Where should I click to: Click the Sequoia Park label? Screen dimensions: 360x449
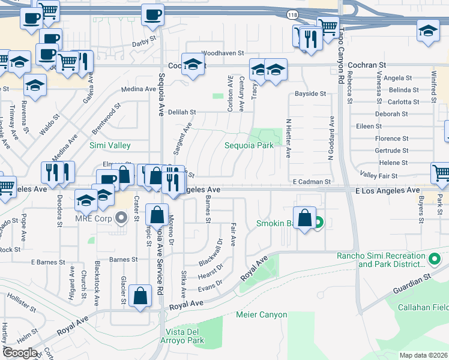click(x=249, y=145)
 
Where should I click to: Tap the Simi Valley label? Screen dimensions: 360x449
click(x=110, y=145)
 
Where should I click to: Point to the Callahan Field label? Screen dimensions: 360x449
click(x=431, y=307)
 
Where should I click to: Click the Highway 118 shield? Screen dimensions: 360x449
click(x=292, y=14)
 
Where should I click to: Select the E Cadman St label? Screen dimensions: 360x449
click(x=312, y=181)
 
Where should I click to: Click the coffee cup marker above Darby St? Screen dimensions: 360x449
click(x=152, y=15)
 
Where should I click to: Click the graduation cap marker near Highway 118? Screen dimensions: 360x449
click(x=427, y=30)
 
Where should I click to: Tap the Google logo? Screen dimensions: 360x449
click(x=20, y=353)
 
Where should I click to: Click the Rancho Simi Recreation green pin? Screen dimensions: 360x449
click(x=435, y=259)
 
